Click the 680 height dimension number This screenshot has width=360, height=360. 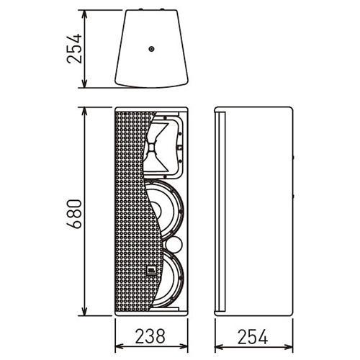click(x=74, y=214)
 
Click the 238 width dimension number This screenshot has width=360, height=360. click(x=150, y=336)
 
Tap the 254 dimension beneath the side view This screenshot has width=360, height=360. click(x=253, y=337)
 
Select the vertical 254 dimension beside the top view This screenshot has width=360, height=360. click(x=74, y=49)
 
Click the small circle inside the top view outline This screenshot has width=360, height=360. click(x=151, y=49)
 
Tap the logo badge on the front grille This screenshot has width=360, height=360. click(x=151, y=271)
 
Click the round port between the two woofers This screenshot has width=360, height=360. click(x=174, y=245)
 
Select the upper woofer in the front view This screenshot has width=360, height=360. click(x=166, y=211)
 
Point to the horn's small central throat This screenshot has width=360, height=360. click(x=152, y=147)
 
